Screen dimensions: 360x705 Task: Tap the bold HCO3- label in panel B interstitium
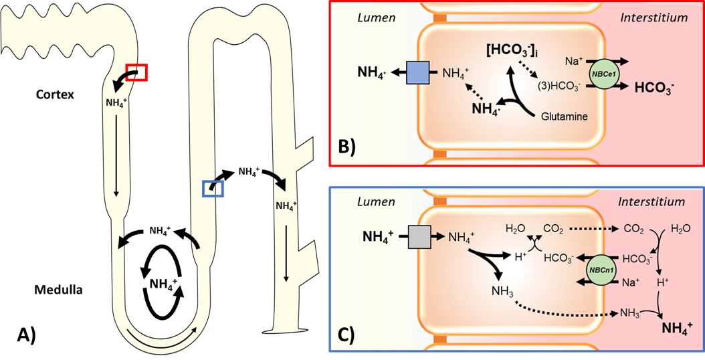[654, 87]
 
